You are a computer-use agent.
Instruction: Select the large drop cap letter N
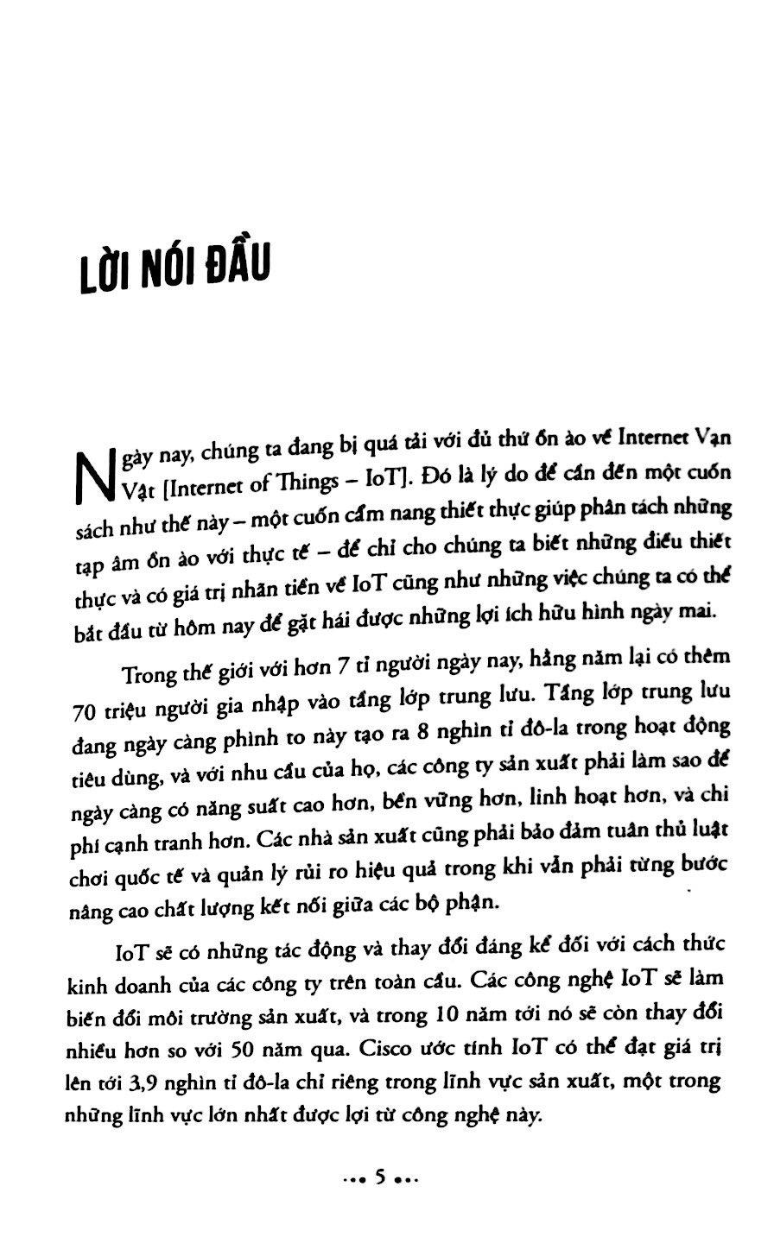[95, 477]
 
